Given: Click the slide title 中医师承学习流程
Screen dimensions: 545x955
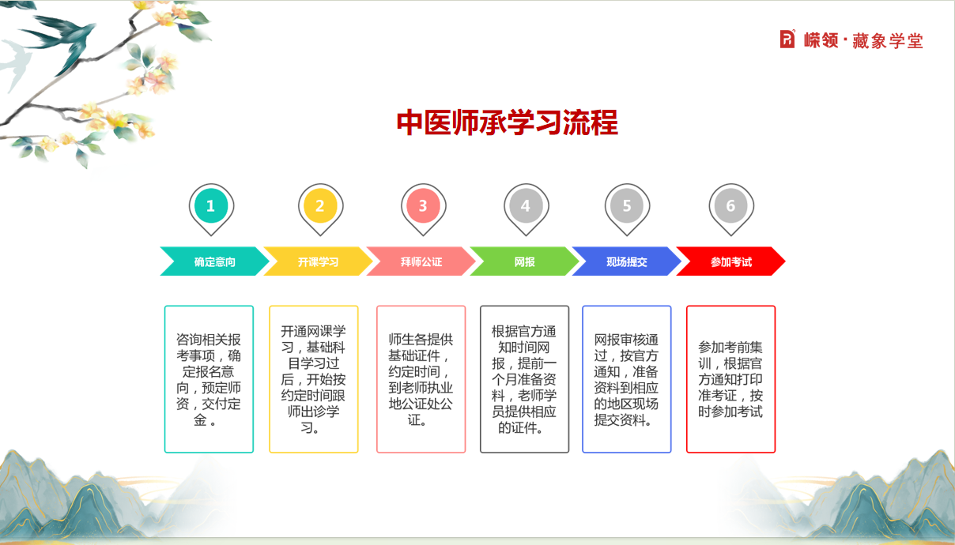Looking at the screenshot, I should [x=507, y=123].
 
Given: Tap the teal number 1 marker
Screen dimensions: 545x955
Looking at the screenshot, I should [x=211, y=207].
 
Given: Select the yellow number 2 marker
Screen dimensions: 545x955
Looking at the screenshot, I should [x=320, y=207].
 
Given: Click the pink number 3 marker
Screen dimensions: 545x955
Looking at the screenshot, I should [x=423, y=207].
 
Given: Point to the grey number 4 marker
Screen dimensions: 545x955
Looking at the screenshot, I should [x=526, y=207].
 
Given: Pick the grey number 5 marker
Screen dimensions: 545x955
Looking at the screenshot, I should [x=627, y=207].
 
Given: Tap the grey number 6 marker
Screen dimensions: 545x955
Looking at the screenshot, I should [x=730, y=207].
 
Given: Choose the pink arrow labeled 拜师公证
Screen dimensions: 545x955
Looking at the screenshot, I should [x=421, y=261].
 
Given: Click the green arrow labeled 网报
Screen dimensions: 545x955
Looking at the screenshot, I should [x=524, y=261].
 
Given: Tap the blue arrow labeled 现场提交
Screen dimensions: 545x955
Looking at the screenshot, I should [x=626, y=261].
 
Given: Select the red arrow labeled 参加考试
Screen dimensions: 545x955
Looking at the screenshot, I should [x=730, y=261].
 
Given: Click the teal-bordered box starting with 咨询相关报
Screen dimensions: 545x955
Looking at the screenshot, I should [x=209, y=379].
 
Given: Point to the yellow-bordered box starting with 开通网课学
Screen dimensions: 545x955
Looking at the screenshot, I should [x=314, y=379].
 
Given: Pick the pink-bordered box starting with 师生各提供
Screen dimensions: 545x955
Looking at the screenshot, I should [x=421, y=379].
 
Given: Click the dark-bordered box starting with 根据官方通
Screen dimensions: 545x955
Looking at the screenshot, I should [x=524, y=379].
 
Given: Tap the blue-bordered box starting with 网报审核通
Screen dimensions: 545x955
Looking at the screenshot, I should [x=626, y=379].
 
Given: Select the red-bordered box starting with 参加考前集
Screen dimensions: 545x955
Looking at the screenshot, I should [x=730, y=379].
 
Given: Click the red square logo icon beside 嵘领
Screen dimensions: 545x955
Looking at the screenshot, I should [x=787, y=39].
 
